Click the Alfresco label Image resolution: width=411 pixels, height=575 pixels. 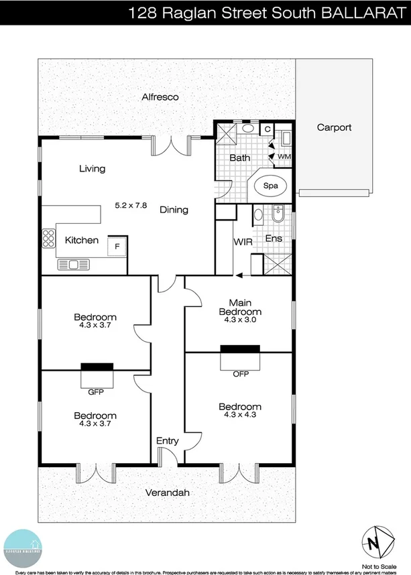point(160,97)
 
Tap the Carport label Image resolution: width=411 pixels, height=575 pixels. point(334,127)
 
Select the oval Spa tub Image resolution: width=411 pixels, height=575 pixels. point(270,186)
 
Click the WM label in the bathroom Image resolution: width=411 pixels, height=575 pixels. point(284,156)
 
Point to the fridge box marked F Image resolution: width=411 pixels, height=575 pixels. point(117,247)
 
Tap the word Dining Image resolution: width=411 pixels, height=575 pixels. point(174,210)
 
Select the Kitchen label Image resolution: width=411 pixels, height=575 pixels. point(82,240)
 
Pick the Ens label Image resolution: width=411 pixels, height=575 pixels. point(274,238)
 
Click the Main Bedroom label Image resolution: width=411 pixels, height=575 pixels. point(240,307)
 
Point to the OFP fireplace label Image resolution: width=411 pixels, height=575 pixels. point(241,374)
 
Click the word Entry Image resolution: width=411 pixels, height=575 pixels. point(167,440)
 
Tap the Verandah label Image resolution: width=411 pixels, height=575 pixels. point(167,493)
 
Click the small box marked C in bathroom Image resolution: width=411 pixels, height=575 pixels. point(267,129)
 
